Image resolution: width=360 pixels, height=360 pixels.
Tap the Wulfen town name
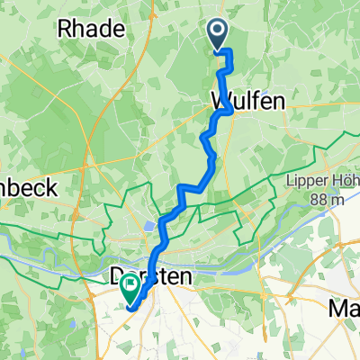point(247,102)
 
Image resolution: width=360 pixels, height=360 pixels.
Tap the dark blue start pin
point(219,34)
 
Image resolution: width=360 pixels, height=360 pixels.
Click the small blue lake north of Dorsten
point(147,228)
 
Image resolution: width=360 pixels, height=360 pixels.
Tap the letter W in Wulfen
point(220,102)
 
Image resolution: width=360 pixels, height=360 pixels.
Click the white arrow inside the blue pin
point(219,32)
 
